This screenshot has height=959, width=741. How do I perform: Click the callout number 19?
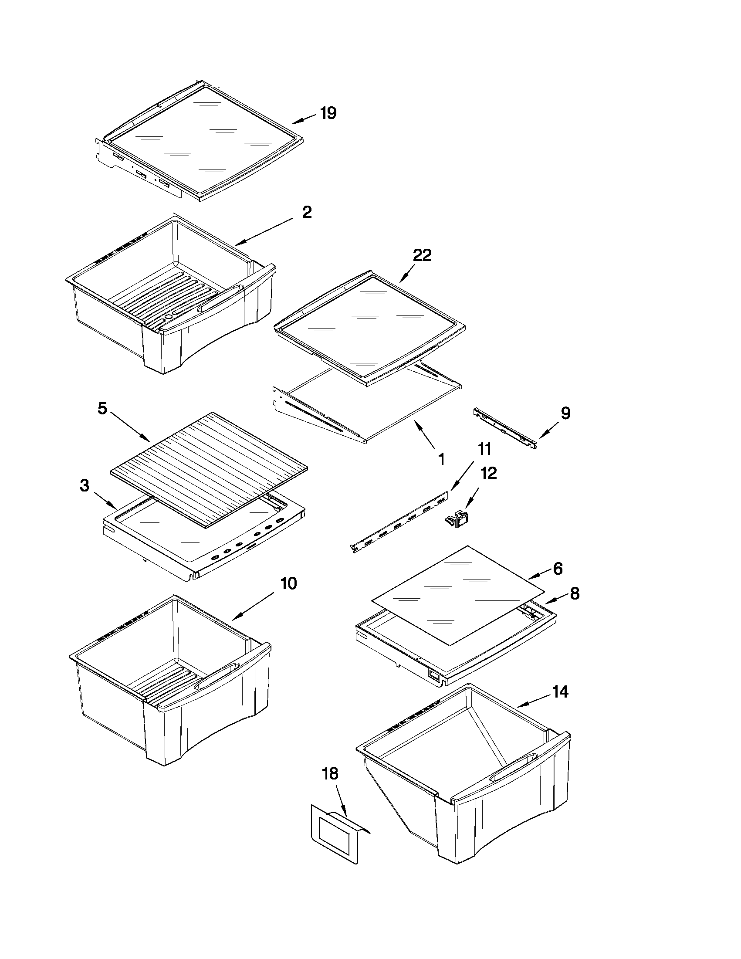tap(328, 113)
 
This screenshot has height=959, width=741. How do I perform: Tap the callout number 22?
tap(421, 255)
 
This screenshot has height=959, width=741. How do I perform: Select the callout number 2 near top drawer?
tap(307, 213)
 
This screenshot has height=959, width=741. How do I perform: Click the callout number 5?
tap(102, 408)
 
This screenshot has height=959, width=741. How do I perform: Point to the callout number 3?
tap(84, 486)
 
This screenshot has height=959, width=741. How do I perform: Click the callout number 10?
tap(288, 583)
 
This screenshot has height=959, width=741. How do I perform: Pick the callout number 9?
tap(565, 413)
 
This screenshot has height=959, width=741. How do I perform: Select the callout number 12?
tap(489, 473)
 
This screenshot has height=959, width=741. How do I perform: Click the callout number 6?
tap(558, 569)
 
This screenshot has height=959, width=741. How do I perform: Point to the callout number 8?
tap(575, 594)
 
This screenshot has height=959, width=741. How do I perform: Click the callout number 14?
tap(560, 692)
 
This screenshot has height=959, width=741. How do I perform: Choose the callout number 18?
tap(330, 774)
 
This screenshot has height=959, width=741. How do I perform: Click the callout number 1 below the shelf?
tap(442, 459)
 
